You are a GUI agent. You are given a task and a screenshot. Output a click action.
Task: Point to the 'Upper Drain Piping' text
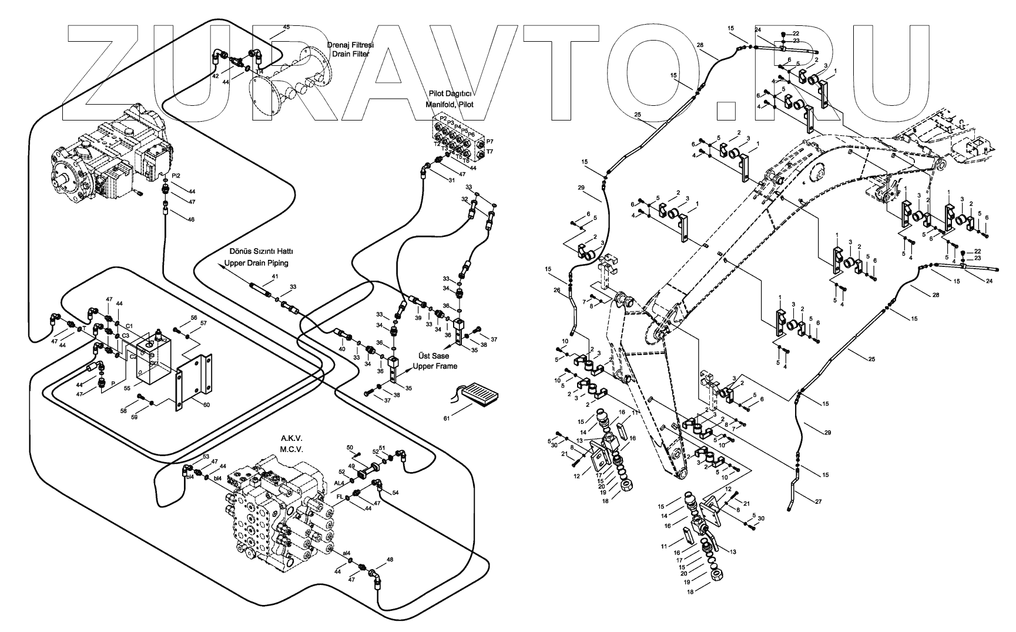coord(260,263)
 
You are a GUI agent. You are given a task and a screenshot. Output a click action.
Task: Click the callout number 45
coord(286,27)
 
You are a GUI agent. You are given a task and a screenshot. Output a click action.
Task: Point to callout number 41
coord(274,276)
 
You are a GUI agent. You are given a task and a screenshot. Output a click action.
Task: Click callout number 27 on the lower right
coord(818,501)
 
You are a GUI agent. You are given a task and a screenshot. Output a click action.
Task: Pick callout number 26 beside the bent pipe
coord(556,289)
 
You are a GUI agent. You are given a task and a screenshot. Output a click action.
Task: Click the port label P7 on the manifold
coord(489,142)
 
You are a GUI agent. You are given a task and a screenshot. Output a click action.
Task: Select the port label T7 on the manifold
coord(489,152)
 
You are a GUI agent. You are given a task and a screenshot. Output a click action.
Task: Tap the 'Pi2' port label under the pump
coord(176,175)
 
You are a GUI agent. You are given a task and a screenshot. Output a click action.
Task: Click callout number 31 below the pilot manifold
coord(451,180)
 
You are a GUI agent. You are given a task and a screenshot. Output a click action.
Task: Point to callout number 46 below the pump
coord(190,219)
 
